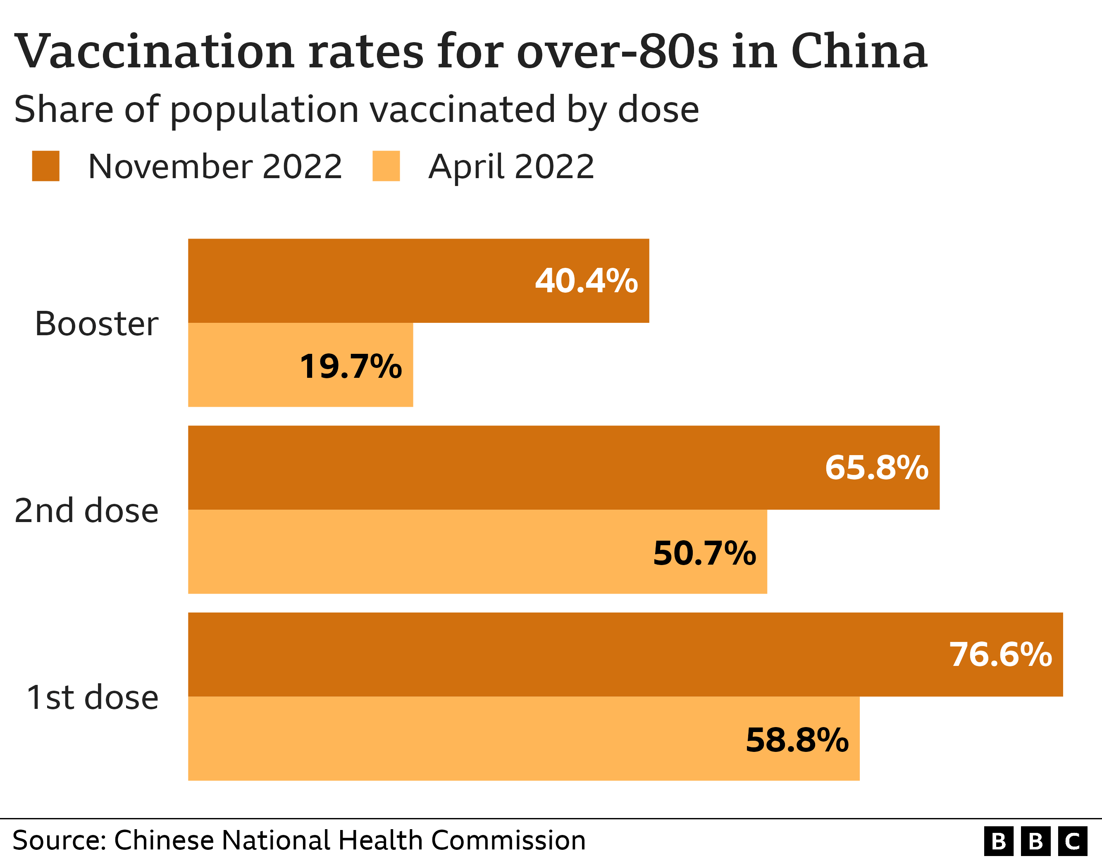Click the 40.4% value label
pyautogui.click(x=586, y=281)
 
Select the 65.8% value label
pyautogui.click(x=876, y=467)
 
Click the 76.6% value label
pyautogui.click(x=1001, y=655)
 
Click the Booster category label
pyautogui.click(x=96, y=324)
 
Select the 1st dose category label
pyautogui.click(x=92, y=697)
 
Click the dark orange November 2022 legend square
pyautogui.click(x=45, y=166)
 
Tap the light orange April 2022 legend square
pyautogui.click(x=386, y=166)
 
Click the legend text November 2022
pyautogui.click(x=215, y=167)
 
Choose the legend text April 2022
pyautogui.click(x=511, y=167)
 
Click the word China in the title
pyautogui.click(x=859, y=52)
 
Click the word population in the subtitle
pyautogui.click(x=265, y=110)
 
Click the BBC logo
pyautogui.click(x=1035, y=841)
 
